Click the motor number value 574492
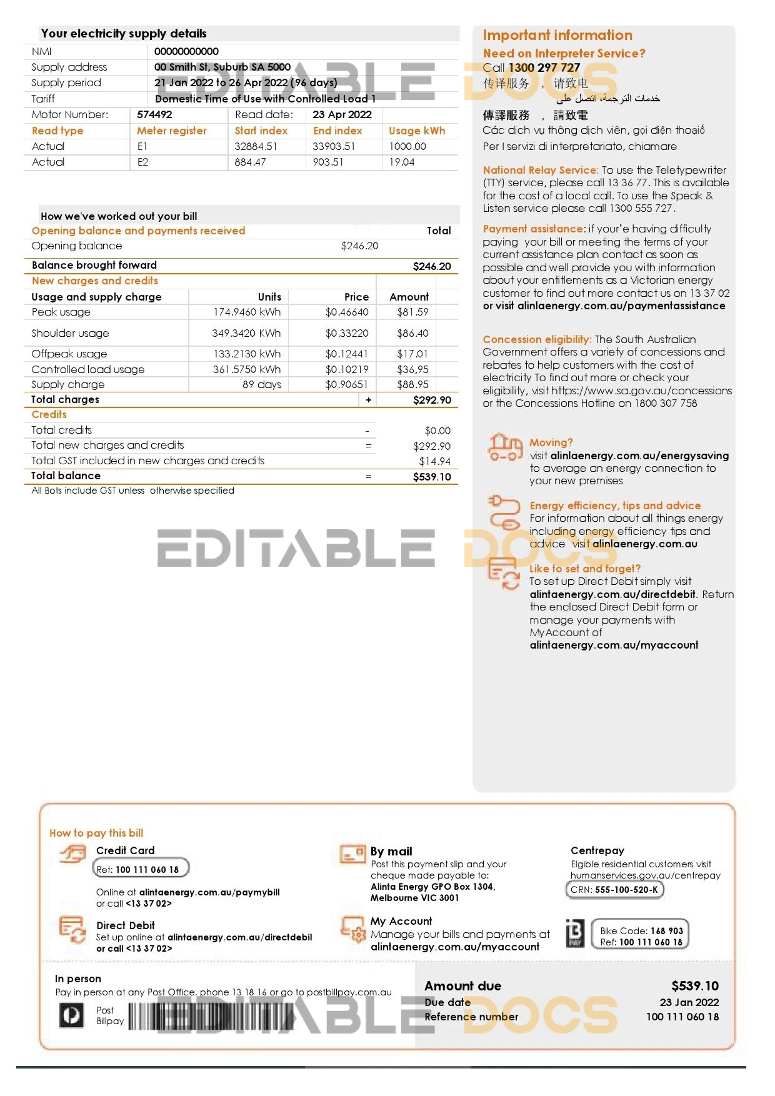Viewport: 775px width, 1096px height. [154, 115]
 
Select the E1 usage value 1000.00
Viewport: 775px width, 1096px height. [407, 147]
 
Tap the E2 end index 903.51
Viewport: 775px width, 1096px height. [328, 162]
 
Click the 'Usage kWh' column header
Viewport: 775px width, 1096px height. [417, 131]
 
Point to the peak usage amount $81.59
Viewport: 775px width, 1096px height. [412, 312]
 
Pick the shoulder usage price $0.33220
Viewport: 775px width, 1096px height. [347, 334]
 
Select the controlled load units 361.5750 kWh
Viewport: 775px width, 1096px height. [247, 370]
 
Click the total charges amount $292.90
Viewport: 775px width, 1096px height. [432, 401]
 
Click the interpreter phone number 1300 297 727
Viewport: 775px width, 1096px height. [544, 68]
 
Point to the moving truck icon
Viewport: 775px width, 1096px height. [504, 447]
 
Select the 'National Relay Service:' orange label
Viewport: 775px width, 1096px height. [540, 170]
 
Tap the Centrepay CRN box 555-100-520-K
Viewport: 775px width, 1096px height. [614, 890]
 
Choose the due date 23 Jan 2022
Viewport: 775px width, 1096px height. [689, 1002]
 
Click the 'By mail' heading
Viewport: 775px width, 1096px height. [391, 852]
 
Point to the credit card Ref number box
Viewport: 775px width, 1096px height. [141, 869]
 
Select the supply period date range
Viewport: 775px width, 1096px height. [246, 83]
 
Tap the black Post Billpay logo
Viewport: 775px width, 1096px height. [71, 1015]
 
